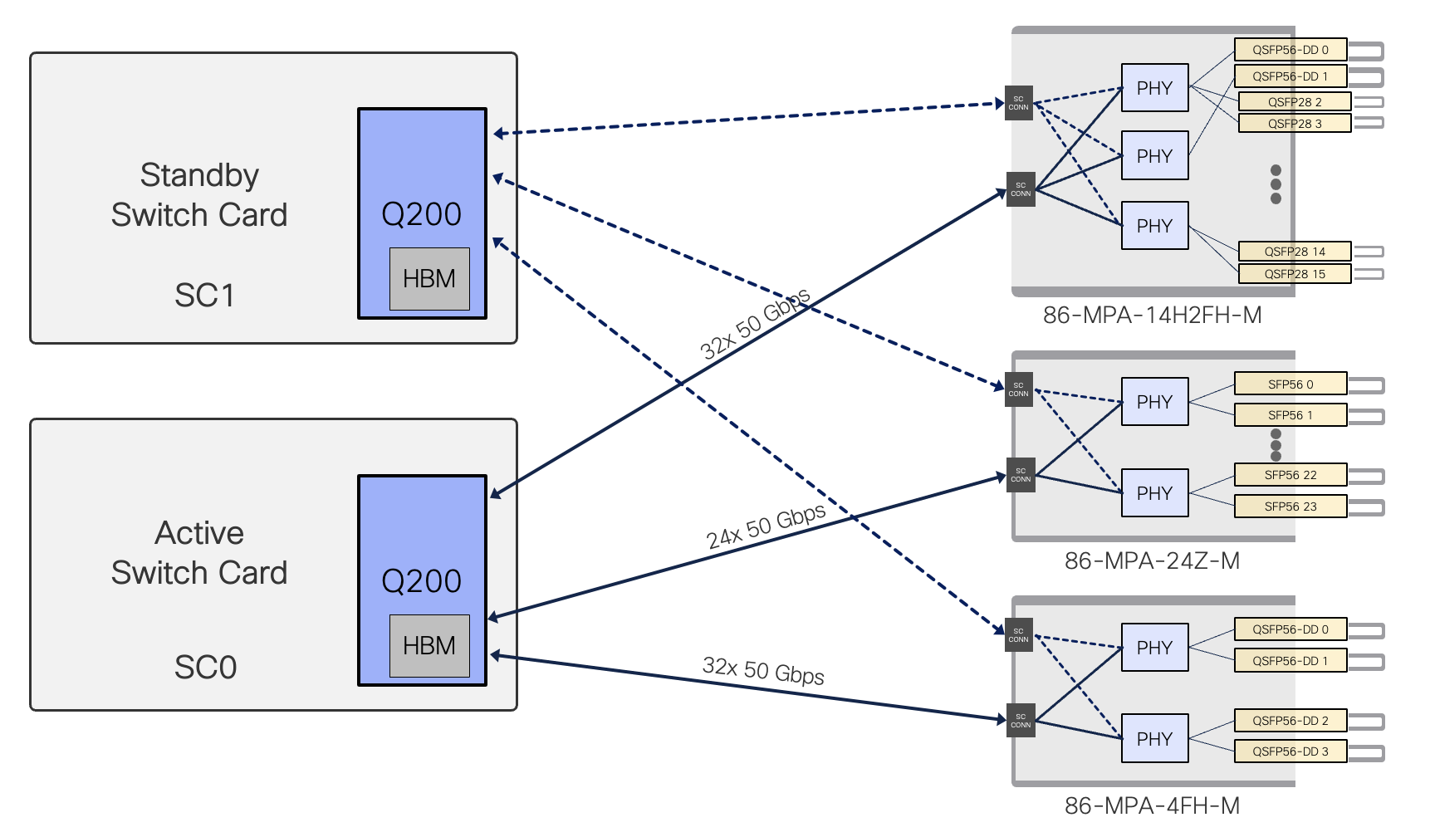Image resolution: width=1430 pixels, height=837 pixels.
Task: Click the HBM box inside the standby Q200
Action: pyautogui.click(x=429, y=279)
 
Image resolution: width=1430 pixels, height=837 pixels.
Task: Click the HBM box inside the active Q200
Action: pyautogui.click(x=429, y=646)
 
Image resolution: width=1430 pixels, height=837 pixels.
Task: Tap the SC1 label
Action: pyautogui.click(x=204, y=296)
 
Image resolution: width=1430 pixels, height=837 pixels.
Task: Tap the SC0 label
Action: pyautogui.click(x=205, y=668)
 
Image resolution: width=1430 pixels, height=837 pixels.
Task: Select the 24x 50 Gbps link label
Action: pyautogui.click(x=766, y=526)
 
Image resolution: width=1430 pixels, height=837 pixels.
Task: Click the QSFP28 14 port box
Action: pyautogui.click(x=1294, y=252)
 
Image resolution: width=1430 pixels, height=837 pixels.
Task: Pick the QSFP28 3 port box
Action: pyautogui.click(x=1294, y=124)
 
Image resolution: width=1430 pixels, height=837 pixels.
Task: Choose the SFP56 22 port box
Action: pyautogui.click(x=1290, y=475)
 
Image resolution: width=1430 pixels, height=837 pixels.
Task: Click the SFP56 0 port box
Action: pyautogui.click(x=1290, y=384)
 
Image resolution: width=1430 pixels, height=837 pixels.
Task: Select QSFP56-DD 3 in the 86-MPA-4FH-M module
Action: pyautogui.click(x=1290, y=751)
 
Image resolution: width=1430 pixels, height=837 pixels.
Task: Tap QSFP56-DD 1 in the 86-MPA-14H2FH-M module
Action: pyautogui.click(x=1290, y=76)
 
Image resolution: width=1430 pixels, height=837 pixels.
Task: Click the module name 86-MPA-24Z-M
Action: pyautogui.click(x=1152, y=561)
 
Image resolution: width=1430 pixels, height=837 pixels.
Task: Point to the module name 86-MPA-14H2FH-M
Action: pyautogui.click(x=1152, y=316)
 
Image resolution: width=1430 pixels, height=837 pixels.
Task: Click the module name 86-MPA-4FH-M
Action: pyautogui.click(x=1152, y=806)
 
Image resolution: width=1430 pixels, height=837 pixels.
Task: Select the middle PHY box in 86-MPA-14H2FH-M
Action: pyautogui.click(x=1154, y=156)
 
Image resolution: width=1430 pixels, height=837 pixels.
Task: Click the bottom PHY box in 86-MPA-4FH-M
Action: pyautogui.click(x=1154, y=739)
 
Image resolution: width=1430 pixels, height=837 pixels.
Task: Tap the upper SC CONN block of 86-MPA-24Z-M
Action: pyautogui.click(x=1019, y=389)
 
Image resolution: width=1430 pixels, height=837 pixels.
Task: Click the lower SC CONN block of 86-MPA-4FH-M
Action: pyautogui.click(x=1021, y=721)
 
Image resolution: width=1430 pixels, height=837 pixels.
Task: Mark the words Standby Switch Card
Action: pyautogui.click(x=199, y=195)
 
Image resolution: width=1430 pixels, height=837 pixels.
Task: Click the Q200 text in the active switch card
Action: pyautogui.click(x=421, y=581)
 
